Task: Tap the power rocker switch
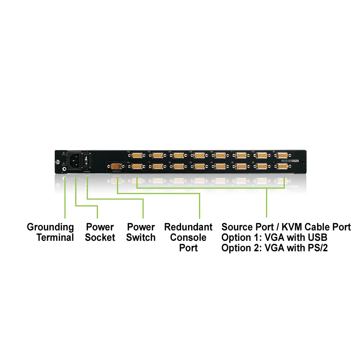[87, 161]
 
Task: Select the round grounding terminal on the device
[64, 168]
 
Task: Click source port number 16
[137, 156]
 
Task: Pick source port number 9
[282, 156]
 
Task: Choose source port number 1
[282, 167]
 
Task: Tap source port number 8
[137, 167]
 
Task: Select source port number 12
[220, 156]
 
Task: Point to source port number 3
[240, 167]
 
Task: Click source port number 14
[178, 156]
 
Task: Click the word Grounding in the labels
[50, 227]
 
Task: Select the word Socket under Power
[100, 238]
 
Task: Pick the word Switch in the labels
[141, 238]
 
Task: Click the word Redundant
[188, 227]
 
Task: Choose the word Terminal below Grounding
[55, 238]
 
